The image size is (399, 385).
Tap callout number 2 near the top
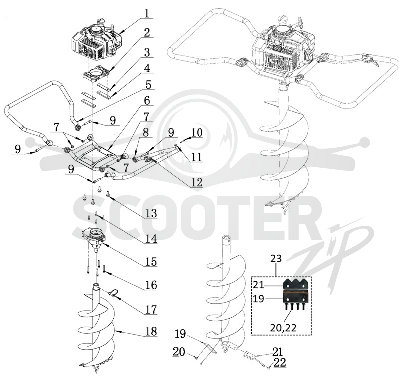pyautogui.click(x=147, y=33)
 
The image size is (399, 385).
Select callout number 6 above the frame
pyautogui.click(x=147, y=101)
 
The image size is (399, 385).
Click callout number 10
pyautogui.click(x=197, y=132)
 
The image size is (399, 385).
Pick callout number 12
pyautogui.click(x=197, y=182)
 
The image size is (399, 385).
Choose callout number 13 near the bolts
pyautogui.click(x=151, y=213)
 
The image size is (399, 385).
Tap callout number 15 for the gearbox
pyautogui.click(x=151, y=262)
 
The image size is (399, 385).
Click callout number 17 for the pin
pyautogui.click(x=151, y=309)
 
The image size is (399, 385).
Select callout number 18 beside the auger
pyautogui.click(x=151, y=331)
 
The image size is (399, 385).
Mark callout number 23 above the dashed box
pyautogui.click(x=276, y=258)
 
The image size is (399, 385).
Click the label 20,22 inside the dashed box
pyautogui.click(x=283, y=328)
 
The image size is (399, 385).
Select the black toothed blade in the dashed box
pyautogui.click(x=296, y=283)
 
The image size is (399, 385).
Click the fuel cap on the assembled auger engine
pyautogui.click(x=284, y=19)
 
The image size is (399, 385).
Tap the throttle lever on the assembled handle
pyautogui.click(x=371, y=60)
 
